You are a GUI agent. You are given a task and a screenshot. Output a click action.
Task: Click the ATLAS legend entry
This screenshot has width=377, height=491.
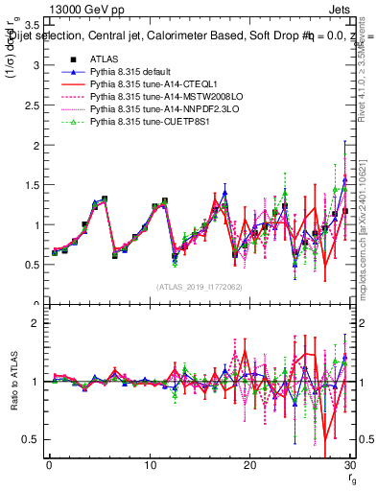104,58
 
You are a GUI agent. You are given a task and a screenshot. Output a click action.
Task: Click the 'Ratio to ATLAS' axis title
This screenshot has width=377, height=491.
12,383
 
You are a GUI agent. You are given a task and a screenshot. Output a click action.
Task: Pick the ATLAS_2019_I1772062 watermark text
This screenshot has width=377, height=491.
199,287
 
